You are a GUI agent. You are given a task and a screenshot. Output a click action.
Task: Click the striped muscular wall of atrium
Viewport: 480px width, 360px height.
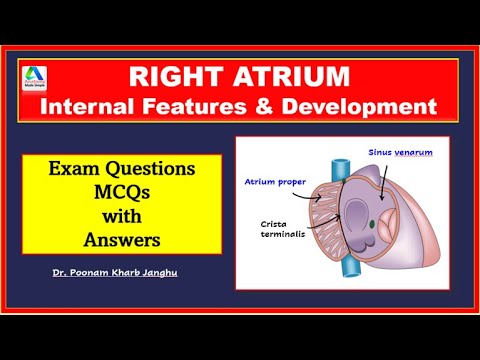318,220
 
